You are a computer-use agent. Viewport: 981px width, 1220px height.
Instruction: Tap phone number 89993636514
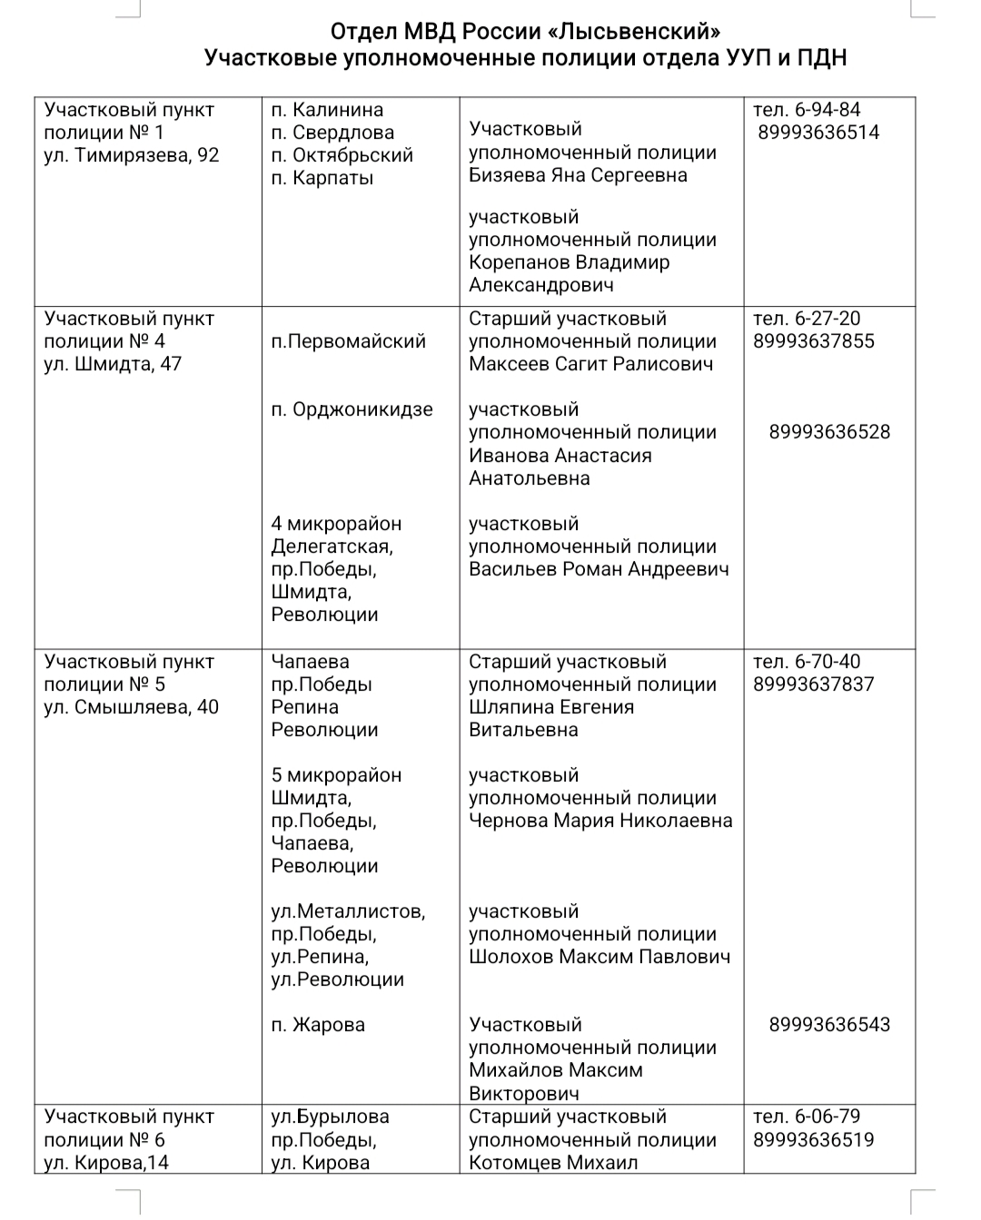coord(818,133)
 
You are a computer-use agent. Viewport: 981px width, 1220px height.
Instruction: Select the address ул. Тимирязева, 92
coord(132,155)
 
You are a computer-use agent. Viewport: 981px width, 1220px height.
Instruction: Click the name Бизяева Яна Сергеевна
coord(578,175)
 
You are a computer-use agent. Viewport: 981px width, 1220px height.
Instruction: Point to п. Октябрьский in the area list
coord(342,155)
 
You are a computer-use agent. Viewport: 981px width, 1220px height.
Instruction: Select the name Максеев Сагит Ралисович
coord(590,364)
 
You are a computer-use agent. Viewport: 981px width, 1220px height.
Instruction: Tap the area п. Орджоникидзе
coord(352,409)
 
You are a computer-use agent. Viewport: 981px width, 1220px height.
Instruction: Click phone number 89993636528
coord(829,432)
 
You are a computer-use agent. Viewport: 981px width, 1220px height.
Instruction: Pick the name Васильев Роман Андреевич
coord(599,569)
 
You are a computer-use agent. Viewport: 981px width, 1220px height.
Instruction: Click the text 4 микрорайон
coord(336,524)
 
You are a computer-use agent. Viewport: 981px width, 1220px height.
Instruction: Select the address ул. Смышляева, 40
coord(132,707)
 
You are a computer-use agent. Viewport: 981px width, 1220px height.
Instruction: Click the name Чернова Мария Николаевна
coord(600,821)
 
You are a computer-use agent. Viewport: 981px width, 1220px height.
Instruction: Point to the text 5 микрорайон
coord(336,775)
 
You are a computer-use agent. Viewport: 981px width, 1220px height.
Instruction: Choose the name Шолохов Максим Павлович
coord(599,957)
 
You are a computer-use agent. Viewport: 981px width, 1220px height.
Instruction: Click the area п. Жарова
coord(318,1025)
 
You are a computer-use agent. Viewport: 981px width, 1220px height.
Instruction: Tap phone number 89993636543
coord(829,1025)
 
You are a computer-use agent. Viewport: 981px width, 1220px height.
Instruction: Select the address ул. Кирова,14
coord(106,1163)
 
